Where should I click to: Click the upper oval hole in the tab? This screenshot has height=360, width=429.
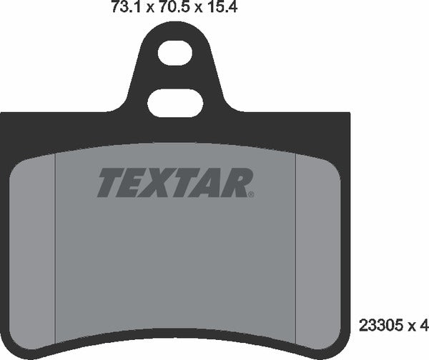[177, 52]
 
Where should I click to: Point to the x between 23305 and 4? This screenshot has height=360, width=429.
[412, 328]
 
